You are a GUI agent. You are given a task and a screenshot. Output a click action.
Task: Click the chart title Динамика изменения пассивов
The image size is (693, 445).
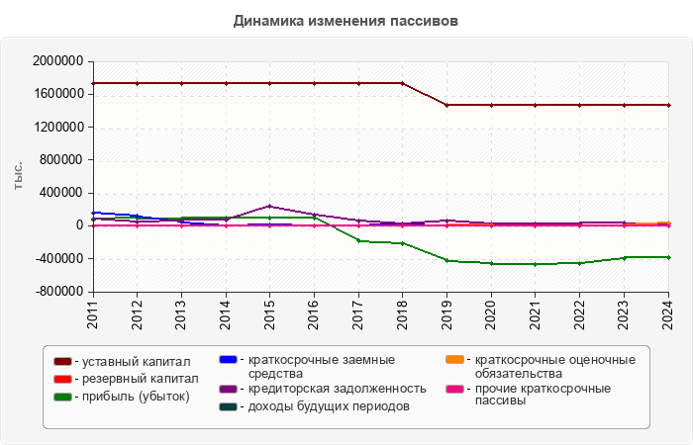click(346, 20)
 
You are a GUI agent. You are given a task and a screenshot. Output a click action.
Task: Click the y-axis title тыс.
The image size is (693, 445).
click(19, 176)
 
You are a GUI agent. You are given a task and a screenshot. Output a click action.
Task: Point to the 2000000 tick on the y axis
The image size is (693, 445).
click(56, 61)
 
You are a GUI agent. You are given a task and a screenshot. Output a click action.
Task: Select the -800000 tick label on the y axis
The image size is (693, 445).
click(58, 292)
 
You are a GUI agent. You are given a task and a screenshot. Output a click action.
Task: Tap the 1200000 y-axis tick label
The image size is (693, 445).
click(56, 127)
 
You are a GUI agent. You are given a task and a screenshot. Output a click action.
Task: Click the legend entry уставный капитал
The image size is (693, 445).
click(135, 363)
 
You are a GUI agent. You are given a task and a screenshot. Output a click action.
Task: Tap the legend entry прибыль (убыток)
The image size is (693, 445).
click(137, 397)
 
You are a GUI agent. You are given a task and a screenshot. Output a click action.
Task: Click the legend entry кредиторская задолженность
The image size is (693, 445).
click(337, 389)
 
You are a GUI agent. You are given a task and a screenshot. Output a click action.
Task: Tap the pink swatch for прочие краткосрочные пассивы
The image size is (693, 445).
click(454, 389)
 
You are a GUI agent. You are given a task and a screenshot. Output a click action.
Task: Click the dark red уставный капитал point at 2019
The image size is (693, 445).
click(446, 105)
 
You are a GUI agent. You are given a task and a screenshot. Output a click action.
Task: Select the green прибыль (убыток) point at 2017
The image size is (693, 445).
click(358, 241)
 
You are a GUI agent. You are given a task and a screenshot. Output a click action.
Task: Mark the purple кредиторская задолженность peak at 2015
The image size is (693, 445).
click(269, 207)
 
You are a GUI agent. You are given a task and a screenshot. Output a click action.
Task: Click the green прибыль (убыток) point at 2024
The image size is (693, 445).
click(668, 257)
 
